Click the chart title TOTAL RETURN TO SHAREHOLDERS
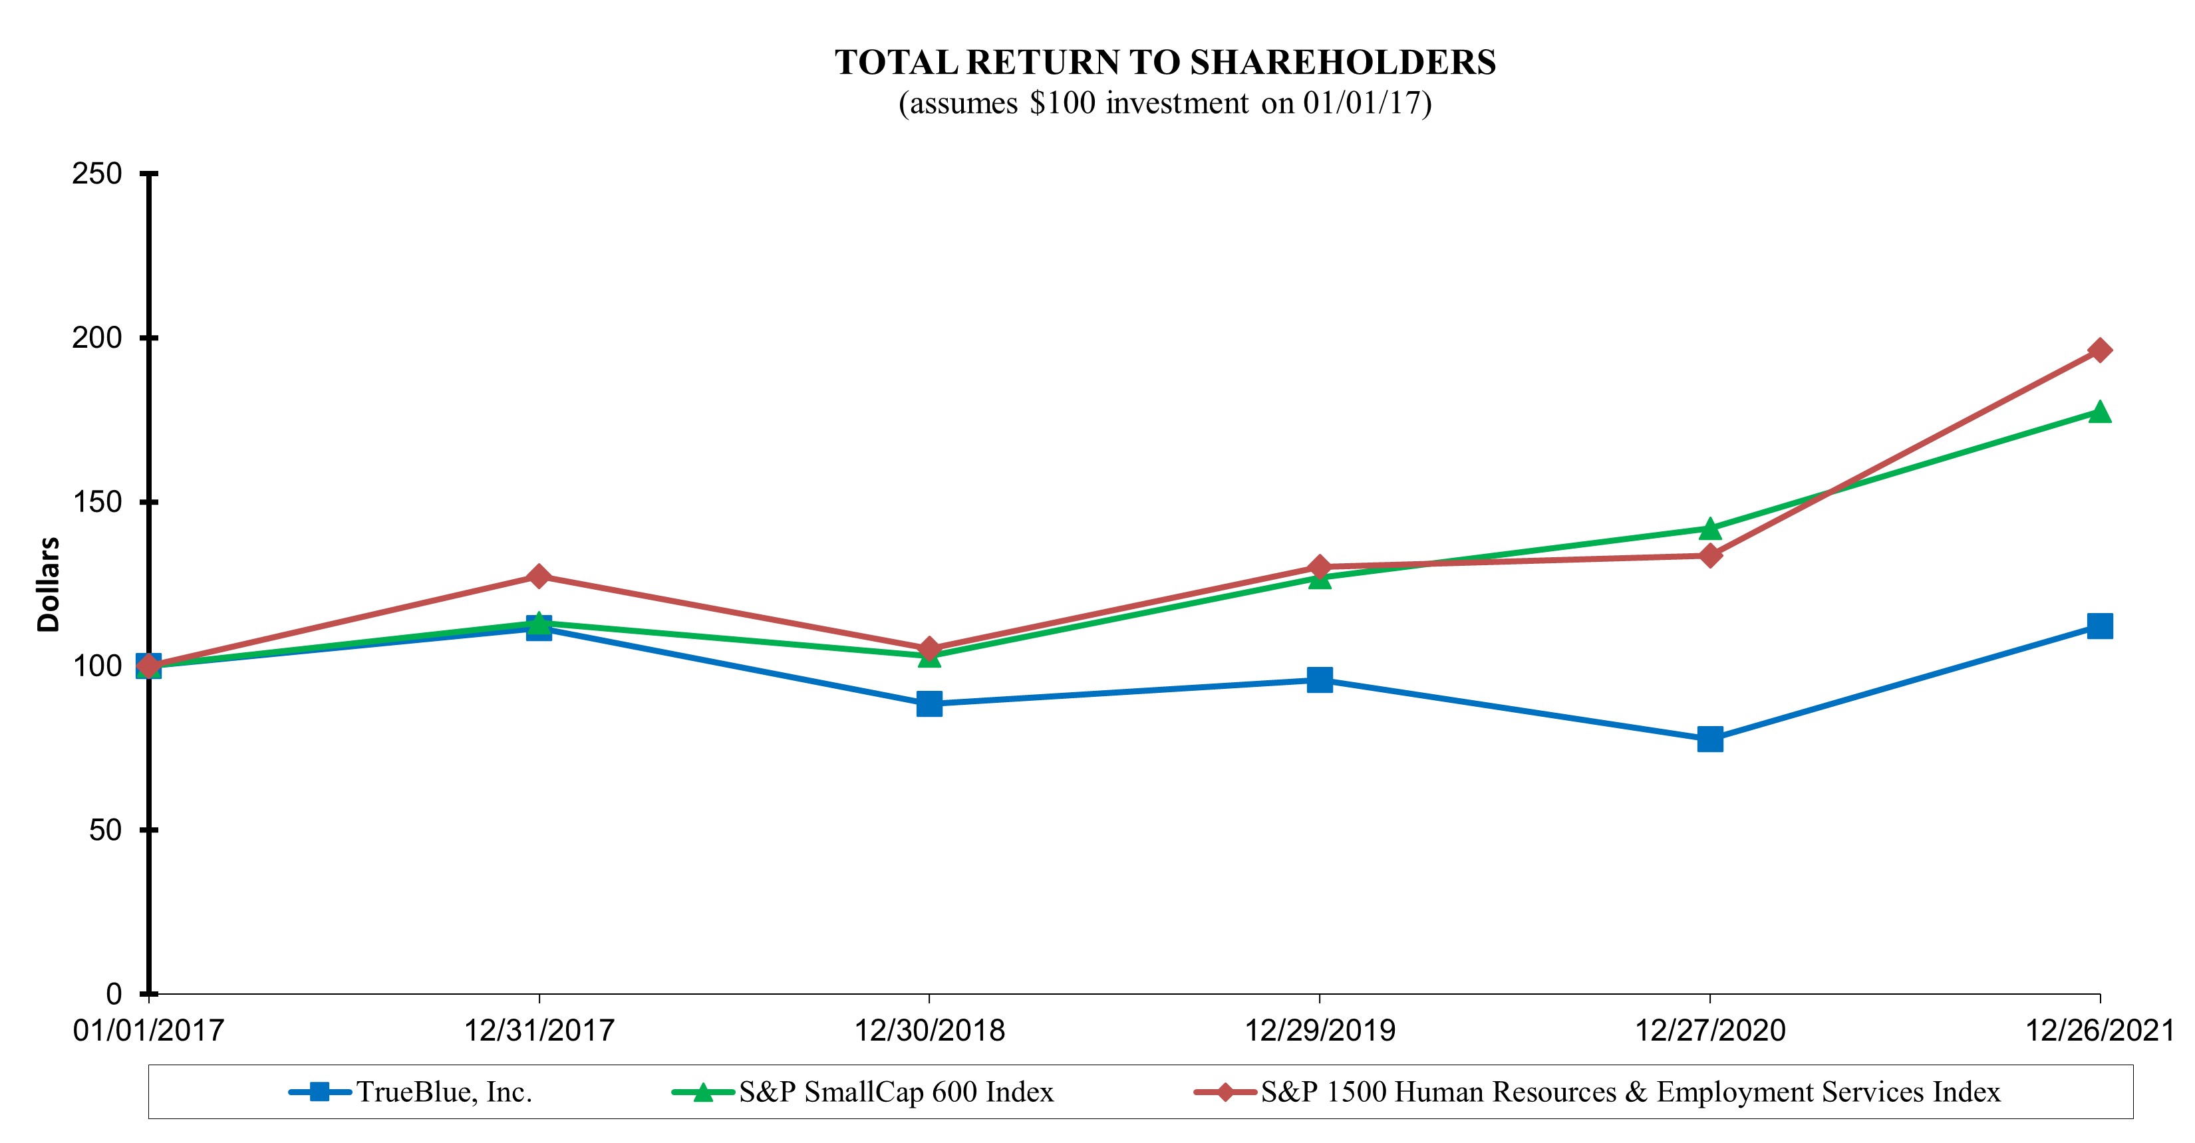pyautogui.click(x=1165, y=63)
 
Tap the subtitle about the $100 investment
pyautogui.click(x=1165, y=103)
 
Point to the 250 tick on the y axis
pyautogui.click(x=97, y=174)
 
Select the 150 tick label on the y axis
pyautogui.click(x=97, y=501)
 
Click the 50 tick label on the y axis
pyautogui.click(x=106, y=830)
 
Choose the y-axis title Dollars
pyautogui.click(x=49, y=584)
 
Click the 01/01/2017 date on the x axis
pyautogui.click(x=148, y=1031)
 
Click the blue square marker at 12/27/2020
pyautogui.click(x=1709, y=739)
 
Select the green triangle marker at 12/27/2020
pyautogui.click(x=1709, y=529)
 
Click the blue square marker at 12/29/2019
pyautogui.click(x=1319, y=680)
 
